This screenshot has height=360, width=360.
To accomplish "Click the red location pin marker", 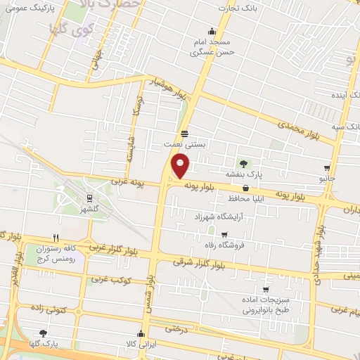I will click(x=181, y=166).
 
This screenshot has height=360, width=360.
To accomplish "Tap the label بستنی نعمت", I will click(x=184, y=143).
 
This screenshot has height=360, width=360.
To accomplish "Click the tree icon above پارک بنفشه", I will click(x=246, y=163).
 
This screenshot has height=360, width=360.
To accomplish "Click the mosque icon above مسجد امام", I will click(x=212, y=31).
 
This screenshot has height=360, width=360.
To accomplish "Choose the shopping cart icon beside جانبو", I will click(x=328, y=168).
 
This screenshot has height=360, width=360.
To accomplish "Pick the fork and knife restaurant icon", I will click(x=55, y=238).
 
